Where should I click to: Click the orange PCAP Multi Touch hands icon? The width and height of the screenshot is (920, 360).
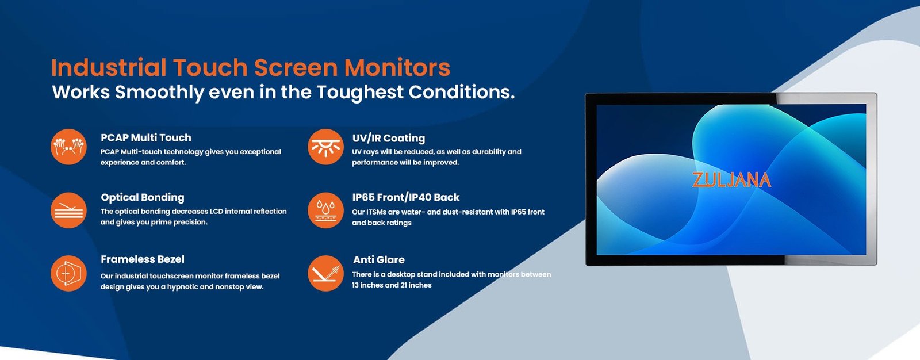(x=68, y=147)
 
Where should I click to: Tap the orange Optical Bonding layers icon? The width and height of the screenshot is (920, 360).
(x=68, y=210)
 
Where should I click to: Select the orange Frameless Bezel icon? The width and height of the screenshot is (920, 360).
(x=68, y=273)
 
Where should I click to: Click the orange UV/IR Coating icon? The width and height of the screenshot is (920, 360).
(x=325, y=147)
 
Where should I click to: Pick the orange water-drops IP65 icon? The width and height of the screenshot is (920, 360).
(x=325, y=210)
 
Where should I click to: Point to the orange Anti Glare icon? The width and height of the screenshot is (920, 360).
(x=325, y=273)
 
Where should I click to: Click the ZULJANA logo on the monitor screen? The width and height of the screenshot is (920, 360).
(x=731, y=180)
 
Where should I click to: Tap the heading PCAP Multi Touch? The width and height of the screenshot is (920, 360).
(x=146, y=137)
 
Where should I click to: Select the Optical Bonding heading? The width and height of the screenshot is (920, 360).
(x=143, y=198)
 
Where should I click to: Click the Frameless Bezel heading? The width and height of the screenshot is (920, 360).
(x=143, y=259)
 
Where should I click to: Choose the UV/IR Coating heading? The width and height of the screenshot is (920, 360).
(x=389, y=138)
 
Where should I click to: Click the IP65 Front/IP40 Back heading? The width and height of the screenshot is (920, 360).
(x=406, y=197)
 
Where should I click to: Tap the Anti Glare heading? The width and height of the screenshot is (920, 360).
(x=379, y=260)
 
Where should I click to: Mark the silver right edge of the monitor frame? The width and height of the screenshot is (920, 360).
(x=872, y=179)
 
